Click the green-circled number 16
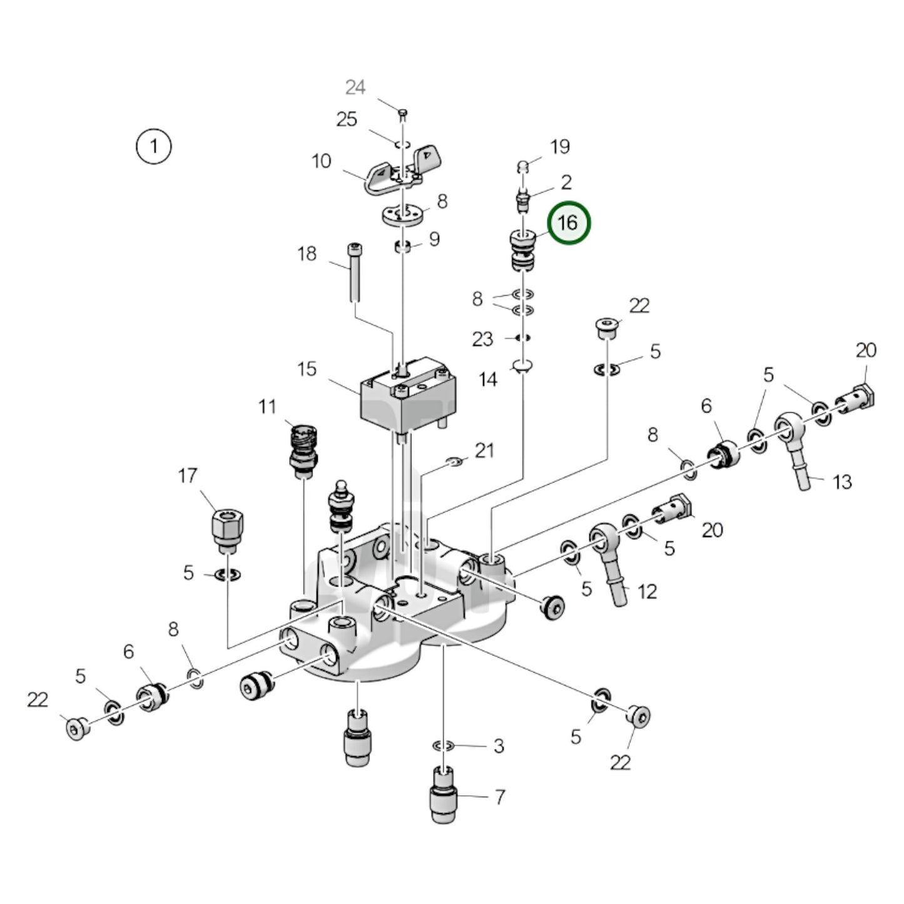[568, 223]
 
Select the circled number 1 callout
[153, 146]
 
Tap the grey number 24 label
[355, 87]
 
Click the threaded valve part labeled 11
[303, 447]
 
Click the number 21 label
[484, 450]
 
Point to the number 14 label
[488, 379]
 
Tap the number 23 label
[482, 339]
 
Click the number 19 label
[560, 146]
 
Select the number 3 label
[499, 746]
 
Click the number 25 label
[347, 119]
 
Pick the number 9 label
[434, 239]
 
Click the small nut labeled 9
[403, 246]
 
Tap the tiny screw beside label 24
[403, 113]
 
